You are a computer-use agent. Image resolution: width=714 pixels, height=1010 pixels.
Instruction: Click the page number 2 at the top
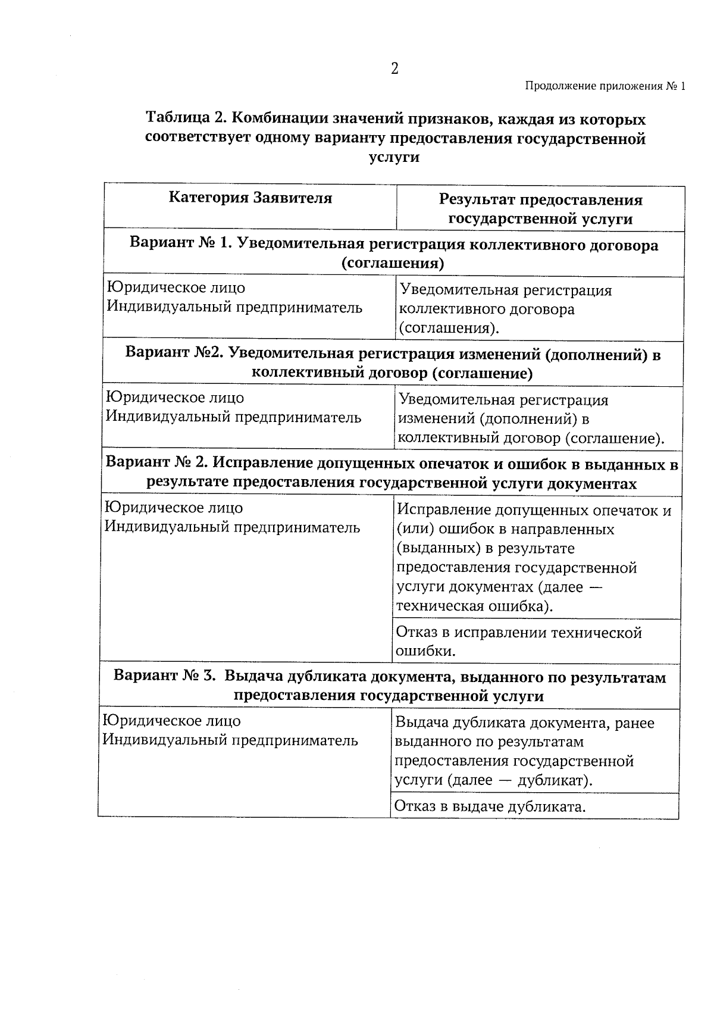394,68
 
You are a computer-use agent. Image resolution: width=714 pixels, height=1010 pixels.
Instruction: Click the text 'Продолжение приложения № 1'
605,86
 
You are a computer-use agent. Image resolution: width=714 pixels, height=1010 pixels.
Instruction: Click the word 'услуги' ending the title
394,157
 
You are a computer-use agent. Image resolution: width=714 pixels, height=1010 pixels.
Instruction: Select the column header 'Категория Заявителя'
250,198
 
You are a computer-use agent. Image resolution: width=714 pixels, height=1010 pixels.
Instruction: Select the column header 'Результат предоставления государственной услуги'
540,209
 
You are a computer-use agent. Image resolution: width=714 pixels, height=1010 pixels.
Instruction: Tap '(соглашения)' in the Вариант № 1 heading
393,263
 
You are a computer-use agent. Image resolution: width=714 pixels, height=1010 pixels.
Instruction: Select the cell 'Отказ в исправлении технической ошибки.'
518,641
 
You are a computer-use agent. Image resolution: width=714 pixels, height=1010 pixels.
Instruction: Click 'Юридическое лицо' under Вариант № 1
176,287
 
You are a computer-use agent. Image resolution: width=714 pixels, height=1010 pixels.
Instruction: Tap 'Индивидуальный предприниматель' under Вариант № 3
230,740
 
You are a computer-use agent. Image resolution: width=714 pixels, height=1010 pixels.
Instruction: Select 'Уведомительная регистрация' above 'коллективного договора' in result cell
506,290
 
